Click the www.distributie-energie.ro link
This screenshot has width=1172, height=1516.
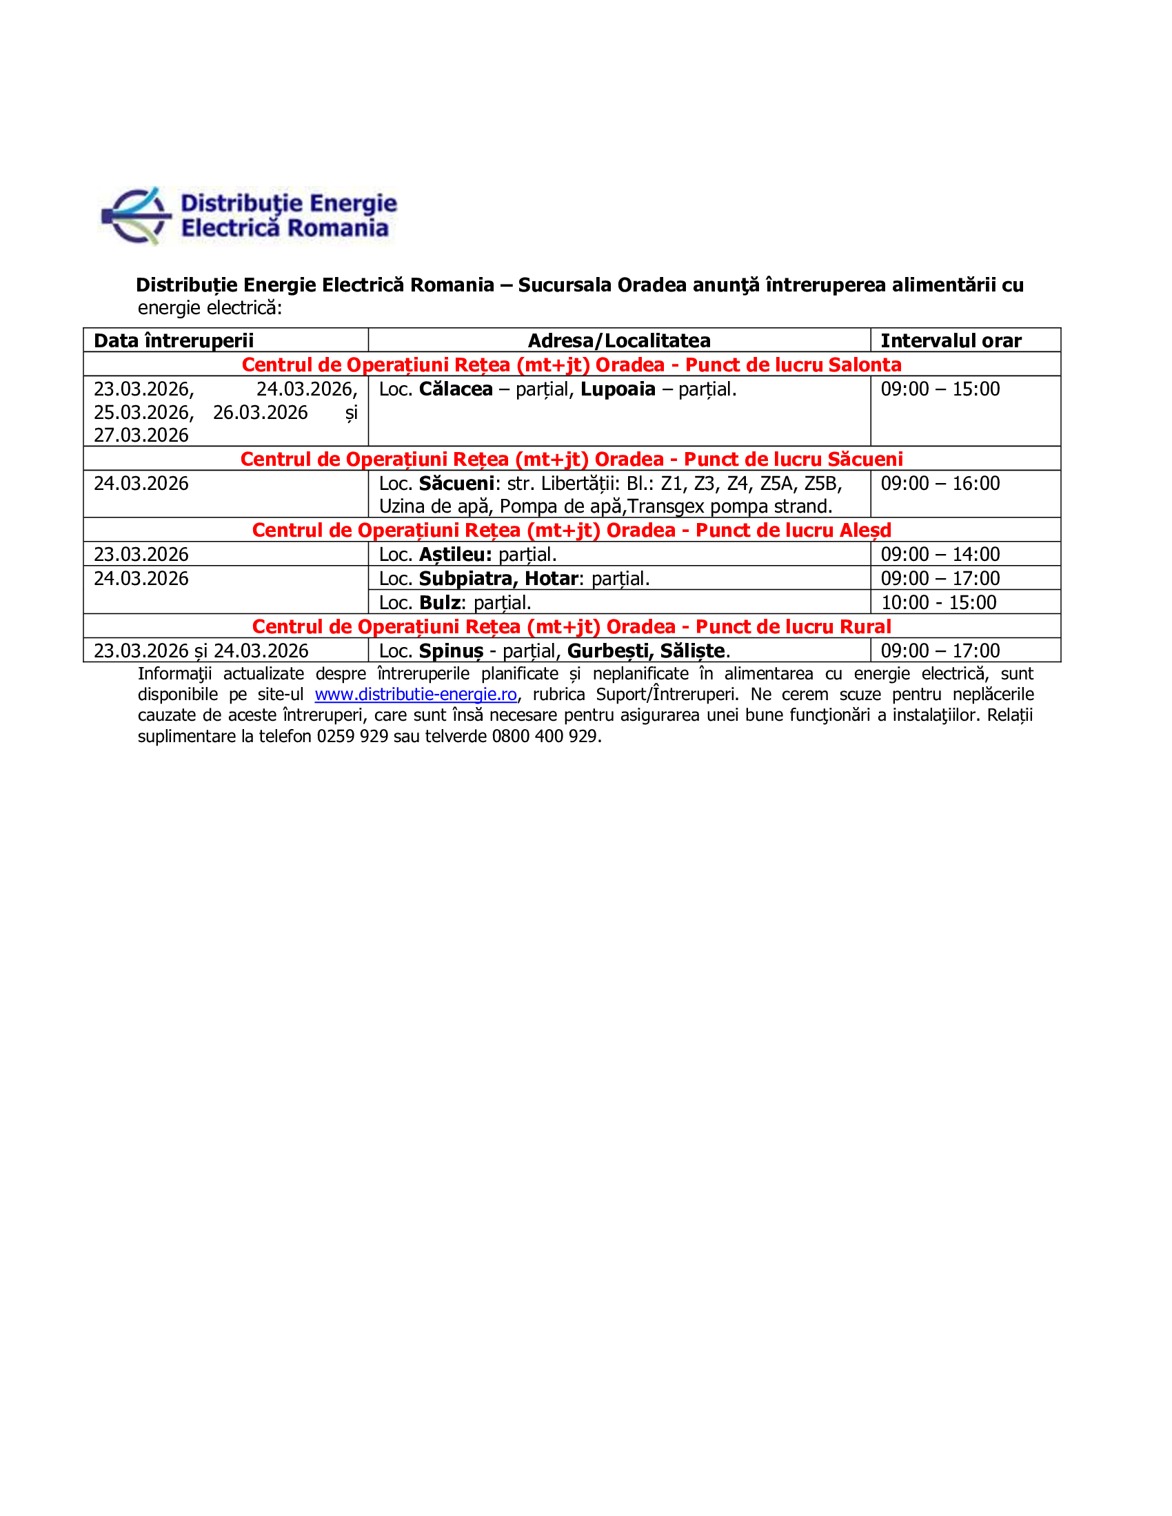[415, 694]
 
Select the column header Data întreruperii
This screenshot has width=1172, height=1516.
[174, 340]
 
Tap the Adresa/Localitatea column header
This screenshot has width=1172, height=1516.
[618, 340]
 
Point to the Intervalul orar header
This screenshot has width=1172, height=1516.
[951, 340]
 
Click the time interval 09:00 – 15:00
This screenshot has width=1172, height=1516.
[940, 389]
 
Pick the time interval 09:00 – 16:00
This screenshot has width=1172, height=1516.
[940, 483]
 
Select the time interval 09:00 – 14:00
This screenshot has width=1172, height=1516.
[940, 554]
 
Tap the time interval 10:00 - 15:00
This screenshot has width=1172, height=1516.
[938, 602]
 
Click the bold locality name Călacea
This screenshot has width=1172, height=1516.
[456, 389]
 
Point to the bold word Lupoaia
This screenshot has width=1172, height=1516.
[618, 389]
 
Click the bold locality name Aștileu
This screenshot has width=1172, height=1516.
[456, 554]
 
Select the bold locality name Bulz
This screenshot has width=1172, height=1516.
[441, 602]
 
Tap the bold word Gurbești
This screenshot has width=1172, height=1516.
[609, 651]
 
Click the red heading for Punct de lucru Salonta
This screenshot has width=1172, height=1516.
[572, 365]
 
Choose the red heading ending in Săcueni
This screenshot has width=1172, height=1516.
[572, 459]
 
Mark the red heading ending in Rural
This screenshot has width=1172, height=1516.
[572, 626]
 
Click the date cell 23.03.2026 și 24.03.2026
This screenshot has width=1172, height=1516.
[201, 651]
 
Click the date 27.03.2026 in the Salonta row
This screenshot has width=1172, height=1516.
[141, 436]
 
